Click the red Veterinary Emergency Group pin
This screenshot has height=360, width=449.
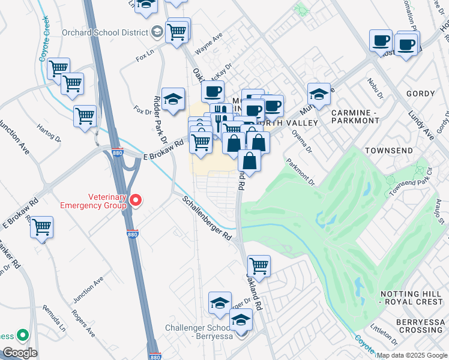coord(136,200)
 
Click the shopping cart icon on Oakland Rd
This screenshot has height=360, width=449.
coord(259,265)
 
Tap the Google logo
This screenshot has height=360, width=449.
coord(19,353)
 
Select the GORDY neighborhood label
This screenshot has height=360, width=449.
coord(420,94)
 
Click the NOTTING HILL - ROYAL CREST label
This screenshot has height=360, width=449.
coord(412,298)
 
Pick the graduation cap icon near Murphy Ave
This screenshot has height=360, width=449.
coord(319,94)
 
